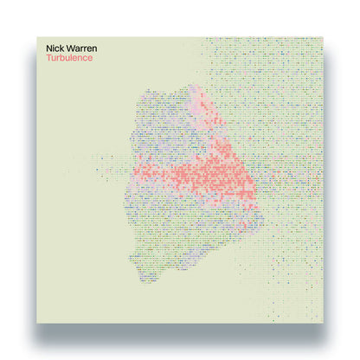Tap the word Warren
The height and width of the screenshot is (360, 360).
pos(84,49)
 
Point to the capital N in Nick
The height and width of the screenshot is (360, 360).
pos(52,49)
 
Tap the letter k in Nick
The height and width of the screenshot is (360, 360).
pos(66,49)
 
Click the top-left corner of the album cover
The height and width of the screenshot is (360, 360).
pos(36,36)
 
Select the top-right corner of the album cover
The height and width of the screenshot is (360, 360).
pos(324,36)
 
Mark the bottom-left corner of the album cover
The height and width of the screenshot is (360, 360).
pos(36,324)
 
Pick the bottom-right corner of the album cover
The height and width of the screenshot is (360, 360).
pos(324,324)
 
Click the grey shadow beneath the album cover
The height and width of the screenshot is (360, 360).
pos(180,332)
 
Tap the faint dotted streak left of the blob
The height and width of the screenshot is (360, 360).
pos(108,161)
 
